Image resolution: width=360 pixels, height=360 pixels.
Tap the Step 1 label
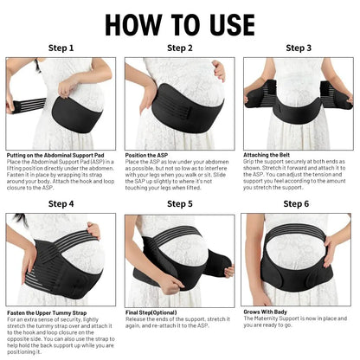(x=61, y=48)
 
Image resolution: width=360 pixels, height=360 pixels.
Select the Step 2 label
(x=179, y=48)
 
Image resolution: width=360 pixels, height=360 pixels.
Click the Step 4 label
(x=61, y=203)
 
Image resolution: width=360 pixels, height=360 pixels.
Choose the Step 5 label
(x=179, y=203)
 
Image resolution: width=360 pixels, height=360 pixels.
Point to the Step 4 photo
(x=61, y=259)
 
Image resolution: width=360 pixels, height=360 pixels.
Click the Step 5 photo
(x=179, y=259)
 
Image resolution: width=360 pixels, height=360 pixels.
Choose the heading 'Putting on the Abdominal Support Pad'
(x=57, y=155)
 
